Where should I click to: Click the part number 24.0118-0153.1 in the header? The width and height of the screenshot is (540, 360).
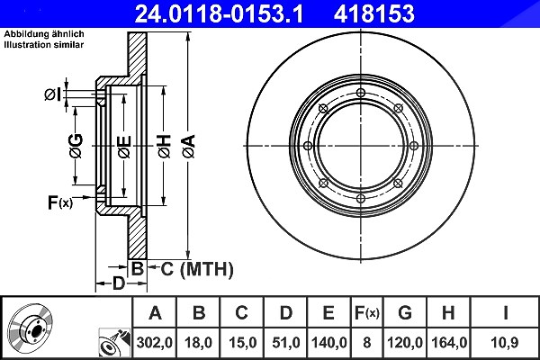[219, 13]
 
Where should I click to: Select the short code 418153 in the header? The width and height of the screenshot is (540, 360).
[374, 13]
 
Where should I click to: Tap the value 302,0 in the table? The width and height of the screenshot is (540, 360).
[154, 343]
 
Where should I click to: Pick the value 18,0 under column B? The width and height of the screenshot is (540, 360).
[198, 343]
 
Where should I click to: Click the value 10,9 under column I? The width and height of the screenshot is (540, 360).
[505, 343]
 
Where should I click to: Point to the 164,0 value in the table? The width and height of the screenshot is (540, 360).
[449, 343]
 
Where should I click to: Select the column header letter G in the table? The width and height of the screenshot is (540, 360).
[405, 313]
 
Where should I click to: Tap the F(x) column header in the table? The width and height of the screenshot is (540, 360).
[367, 313]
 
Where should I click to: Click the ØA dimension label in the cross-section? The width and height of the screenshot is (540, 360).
[189, 147]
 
